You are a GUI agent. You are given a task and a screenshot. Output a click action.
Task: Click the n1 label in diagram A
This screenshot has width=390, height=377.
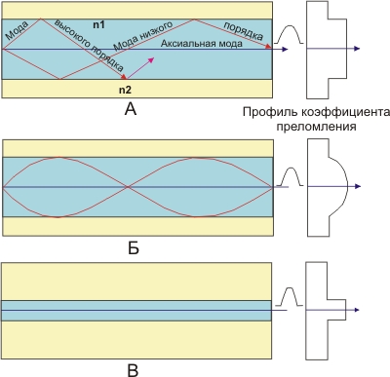point(98,24)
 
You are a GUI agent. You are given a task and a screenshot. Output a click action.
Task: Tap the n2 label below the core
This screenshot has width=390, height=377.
point(125,90)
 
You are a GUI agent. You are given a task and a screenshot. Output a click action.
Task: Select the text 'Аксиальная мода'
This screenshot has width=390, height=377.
point(202,43)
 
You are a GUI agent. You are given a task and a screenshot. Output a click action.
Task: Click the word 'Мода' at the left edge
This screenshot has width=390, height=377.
point(17,30)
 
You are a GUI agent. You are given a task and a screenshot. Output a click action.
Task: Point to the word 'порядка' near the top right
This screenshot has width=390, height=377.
point(244,31)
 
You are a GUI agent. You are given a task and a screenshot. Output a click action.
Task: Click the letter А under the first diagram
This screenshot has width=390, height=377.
point(131,109)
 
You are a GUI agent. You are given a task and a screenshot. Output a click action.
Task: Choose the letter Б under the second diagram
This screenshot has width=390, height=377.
point(134,248)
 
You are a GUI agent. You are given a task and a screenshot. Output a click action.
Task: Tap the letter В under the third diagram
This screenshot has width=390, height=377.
point(134,370)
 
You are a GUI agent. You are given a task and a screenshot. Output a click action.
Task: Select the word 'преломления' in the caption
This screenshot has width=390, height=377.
point(316,126)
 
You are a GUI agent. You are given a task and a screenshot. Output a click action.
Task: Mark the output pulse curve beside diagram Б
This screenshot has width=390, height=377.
point(290,176)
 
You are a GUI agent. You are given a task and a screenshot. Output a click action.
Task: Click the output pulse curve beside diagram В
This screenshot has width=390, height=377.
point(290,296)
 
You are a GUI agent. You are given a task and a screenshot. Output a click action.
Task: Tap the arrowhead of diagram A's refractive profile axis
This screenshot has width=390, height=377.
point(358,49)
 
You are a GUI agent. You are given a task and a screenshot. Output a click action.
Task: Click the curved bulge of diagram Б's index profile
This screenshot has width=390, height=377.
point(347,186)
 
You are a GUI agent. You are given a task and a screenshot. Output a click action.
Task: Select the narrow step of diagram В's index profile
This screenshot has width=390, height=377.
point(344,310)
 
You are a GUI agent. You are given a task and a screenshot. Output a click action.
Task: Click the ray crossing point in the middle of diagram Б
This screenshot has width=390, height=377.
point(128,187)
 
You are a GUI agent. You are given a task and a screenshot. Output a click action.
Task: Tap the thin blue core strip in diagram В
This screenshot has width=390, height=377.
point(136,311)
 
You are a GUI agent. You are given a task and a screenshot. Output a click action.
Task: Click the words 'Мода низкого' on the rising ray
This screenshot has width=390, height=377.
point(143,36)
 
